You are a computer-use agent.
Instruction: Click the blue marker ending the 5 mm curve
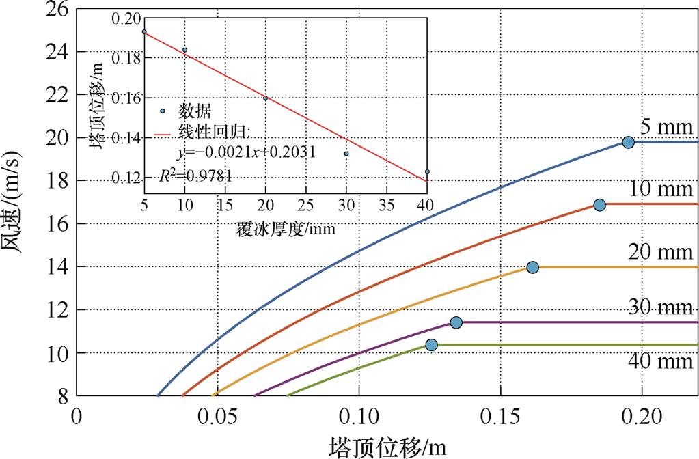(x=628, y=142)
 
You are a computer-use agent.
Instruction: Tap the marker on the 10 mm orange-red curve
(x=599, y=205)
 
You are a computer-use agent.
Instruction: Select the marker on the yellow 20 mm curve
(x=532, y=267)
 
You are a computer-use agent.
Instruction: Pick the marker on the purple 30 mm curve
(x=456, y=322)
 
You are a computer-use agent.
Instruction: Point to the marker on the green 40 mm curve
(x=431, y=345)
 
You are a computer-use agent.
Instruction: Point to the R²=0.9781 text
(x=198, y=176)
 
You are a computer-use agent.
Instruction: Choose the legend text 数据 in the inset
(x=195, y=111)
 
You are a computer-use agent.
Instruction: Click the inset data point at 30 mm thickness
(x=346, y=154)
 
